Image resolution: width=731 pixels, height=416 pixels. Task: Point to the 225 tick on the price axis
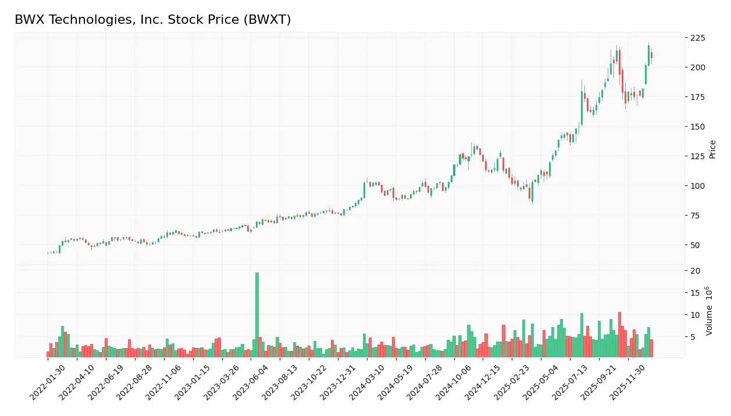click(x=697, y=38)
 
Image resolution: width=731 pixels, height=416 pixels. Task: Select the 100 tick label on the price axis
click(x=697, y=186)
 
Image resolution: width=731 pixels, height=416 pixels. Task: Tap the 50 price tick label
click(x=695, y=245)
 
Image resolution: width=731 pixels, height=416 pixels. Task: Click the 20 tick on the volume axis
click(x=695, y=271)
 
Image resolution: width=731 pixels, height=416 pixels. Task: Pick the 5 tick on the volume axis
click(x=693, y=337)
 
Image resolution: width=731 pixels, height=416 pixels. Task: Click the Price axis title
click(x=712, y=149)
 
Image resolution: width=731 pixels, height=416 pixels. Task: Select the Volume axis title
click(x=709, y=310)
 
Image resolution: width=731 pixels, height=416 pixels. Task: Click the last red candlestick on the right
click(x=651, y=55)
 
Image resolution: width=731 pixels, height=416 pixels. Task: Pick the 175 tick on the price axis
click(x=697, y=97)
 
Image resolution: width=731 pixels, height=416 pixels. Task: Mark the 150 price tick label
click(x=697, y=127)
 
